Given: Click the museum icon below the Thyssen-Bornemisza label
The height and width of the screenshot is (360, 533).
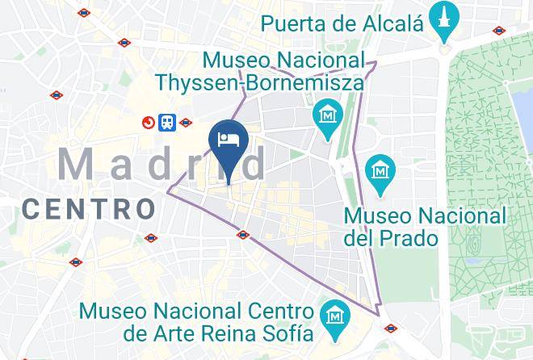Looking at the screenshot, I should [328, 113].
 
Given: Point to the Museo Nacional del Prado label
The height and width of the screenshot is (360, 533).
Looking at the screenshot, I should [425, 227].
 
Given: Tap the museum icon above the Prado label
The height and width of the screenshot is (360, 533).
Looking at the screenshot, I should [380, 170].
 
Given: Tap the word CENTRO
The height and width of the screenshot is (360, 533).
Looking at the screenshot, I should [89, 209].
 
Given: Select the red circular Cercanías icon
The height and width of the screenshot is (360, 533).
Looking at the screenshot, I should [149, 123].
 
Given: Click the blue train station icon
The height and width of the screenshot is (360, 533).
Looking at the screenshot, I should [167, 123].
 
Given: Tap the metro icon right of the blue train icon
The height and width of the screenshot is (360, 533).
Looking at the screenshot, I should [187, 123].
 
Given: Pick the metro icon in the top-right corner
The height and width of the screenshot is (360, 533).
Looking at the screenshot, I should [500, 31].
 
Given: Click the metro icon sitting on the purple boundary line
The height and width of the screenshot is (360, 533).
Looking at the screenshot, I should [243, 235].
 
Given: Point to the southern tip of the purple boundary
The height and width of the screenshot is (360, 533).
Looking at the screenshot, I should [378, 315].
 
